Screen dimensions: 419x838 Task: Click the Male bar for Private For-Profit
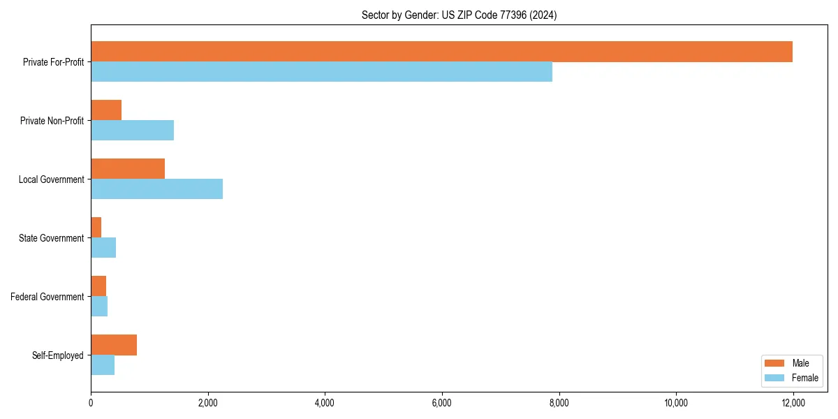(441, 52)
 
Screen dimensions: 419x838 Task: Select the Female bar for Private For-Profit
(321, 72)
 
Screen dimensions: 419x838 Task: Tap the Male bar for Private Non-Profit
(106, 110)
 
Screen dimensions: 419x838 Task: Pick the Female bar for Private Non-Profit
(132, 131)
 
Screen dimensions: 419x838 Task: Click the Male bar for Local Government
(128, 169)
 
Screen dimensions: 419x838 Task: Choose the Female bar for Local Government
(156, 189)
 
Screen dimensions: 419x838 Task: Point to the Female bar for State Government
(103, 248)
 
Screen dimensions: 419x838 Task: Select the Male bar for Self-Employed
(114, 345)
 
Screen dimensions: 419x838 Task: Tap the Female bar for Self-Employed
(103, 365)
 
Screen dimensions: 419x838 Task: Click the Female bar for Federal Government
(99, 307)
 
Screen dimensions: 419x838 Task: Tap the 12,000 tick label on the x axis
(793, 403)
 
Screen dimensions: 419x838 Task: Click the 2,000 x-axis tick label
(207, 403)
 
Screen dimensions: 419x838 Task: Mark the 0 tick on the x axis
(91, 403)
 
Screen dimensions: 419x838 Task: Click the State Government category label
(51, 238)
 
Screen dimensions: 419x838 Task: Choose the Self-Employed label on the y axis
(58, 355)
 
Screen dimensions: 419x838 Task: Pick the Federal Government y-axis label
(47, 297)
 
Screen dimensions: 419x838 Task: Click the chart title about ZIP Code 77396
(459, 15)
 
